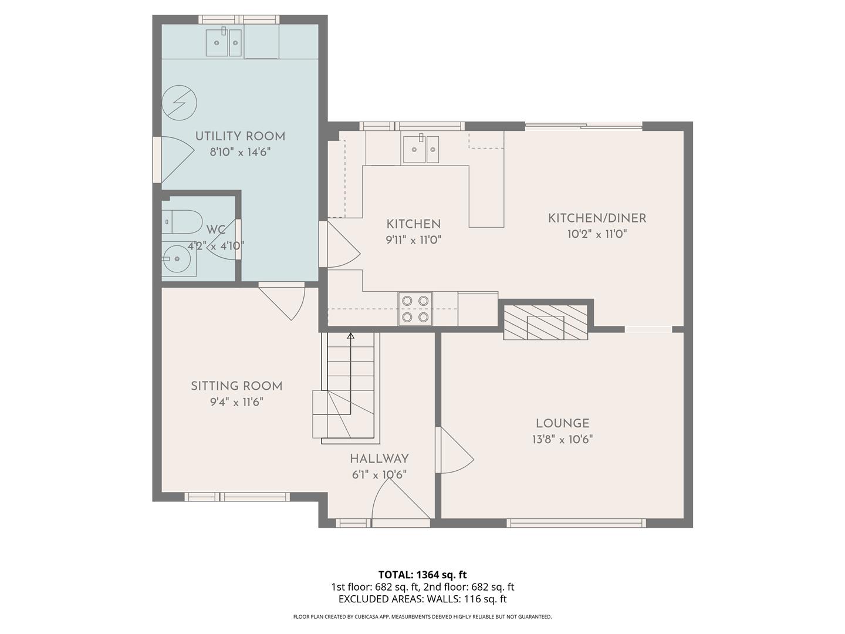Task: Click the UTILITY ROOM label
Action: click(240, 136)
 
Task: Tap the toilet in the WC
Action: click(182, 222)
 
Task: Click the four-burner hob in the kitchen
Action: click(415, 309)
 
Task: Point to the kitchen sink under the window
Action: click(420, 149)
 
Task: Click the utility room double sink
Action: click(224, 43)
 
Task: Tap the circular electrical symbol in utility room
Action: click(178, 103)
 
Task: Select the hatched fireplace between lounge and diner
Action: click(545, 322)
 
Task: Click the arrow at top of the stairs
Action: click(351, 336)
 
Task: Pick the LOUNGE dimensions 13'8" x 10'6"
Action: click(562, 440)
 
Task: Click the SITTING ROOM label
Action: click(236, 386)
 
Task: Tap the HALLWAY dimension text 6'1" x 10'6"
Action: click(379, 475)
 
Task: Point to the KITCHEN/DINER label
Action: click(597, 218)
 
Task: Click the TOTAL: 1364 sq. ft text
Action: click(422, 575)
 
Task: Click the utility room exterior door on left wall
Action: click(174, 159)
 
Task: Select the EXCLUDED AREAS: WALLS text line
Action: click(422, 599)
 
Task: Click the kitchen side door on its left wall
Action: click(340, 244)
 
